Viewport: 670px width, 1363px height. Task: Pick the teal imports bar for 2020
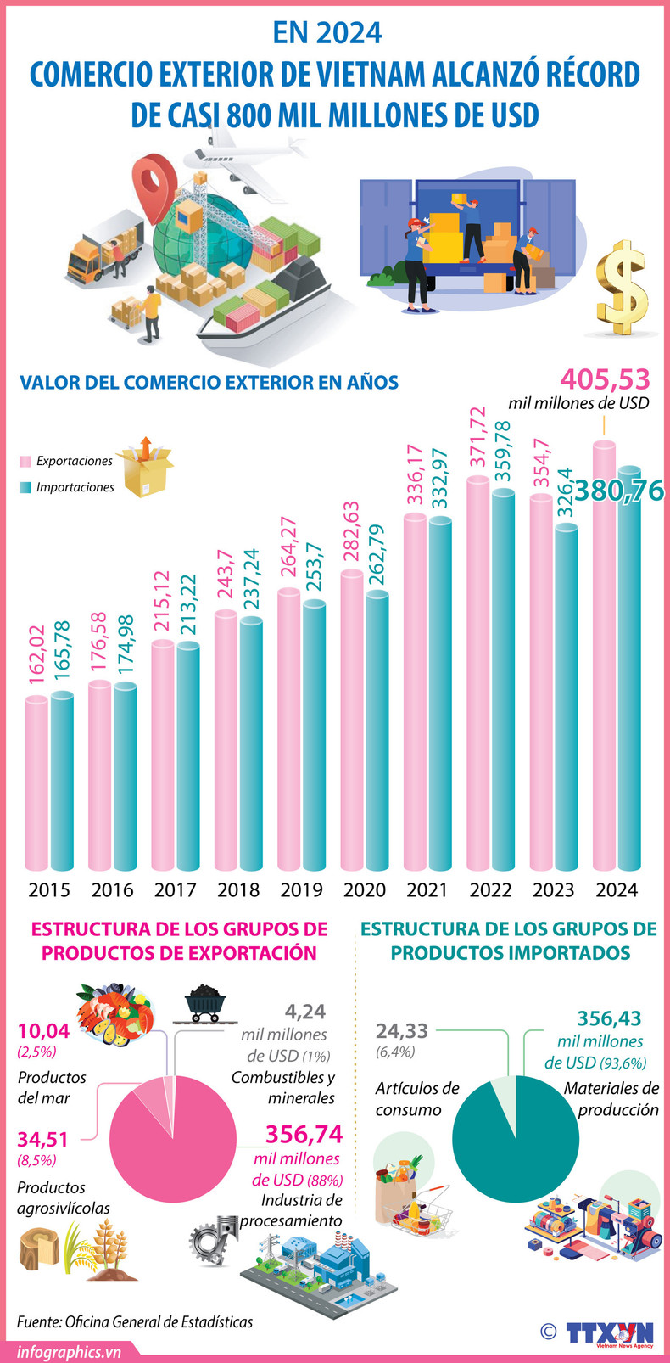pyautogui.click(x=377, y=730)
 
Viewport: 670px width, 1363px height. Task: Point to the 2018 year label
pyautogui.click(x=238, y=890)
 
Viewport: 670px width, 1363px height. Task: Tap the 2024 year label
pyautogui.click(x=617, y=890)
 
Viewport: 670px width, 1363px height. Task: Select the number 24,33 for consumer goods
pyautogui.click(x=402, y=1031)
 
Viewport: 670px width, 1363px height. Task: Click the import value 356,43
pyautogui.click(x=609, y=1018)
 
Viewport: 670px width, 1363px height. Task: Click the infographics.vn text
pyautogui.click(x=69, y=1351)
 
